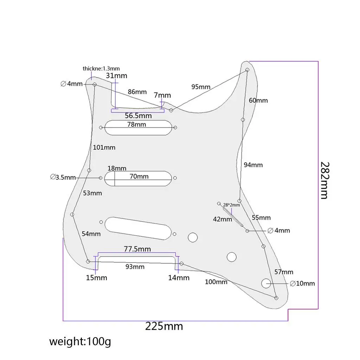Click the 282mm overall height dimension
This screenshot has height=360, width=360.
pyautogui.click(x=324, y=180)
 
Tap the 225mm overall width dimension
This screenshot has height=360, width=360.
pyautogui.click(x=164, y=326)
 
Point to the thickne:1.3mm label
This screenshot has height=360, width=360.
pyautogui.click(x=101, y=69)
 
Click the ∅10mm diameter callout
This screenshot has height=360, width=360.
pyautogui.click(x=302, y=283)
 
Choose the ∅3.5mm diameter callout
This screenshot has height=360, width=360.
pyautogui.click(x=63, y=177)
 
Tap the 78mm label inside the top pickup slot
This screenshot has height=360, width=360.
pyautogui.click(x=137, y=124)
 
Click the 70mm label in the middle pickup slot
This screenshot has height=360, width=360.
pyautogui.click(x=139, y=176)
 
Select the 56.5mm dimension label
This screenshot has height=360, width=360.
pyautogui.click(x=139, y=116)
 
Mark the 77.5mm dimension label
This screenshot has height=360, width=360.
pyautogui.click(x=137, y=249)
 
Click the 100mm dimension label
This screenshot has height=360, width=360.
pyautogui.click(x=216, y=282)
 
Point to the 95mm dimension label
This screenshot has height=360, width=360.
pyautogui.click(x=201, y=87)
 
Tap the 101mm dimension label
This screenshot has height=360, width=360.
pyautogui.click(x=104, y=147)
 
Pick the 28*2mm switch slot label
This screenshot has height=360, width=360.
pyautogui.click(x=231, y=205)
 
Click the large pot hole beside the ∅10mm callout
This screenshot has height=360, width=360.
pyautogui.click(x=266, y=282)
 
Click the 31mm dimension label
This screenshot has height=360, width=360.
pyautogui.click(x=117, y=76)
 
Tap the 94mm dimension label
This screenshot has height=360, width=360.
pyautogui.click(x=253, y=165)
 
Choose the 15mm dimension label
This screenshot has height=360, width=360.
pyautogui.click(x=97, y=278)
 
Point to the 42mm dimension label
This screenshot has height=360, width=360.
pyautogui.click(x=223, y=219)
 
